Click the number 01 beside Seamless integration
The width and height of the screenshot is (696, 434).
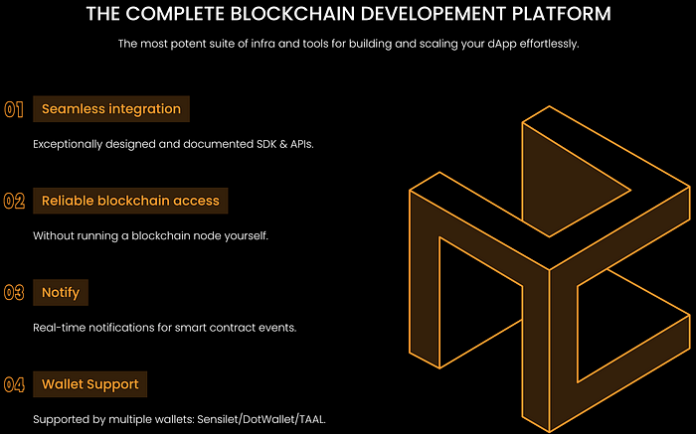coord(14,109)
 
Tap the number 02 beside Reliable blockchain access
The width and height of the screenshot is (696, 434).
coord(14,201)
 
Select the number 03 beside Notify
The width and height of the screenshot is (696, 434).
coord(14,293)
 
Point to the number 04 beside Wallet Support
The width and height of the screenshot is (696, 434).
coord(14,383)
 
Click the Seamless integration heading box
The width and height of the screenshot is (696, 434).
coord(110,109)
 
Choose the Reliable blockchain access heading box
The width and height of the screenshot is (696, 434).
coord(130,201)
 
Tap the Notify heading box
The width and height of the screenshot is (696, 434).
coord(61,293)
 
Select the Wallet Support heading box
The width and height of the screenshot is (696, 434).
coord(89,383)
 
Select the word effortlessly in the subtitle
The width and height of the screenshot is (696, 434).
coord(543,44)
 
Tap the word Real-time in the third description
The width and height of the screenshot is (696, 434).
coord(62,327)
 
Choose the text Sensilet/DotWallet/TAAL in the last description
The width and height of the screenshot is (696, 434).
coord(269,418)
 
